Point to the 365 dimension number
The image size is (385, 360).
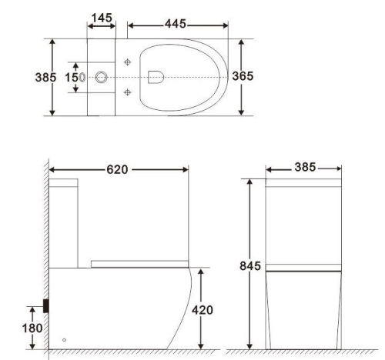244,78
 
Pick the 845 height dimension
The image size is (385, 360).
249,265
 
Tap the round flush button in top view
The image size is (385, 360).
102,78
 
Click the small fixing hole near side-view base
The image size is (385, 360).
64,339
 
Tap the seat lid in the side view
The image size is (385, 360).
139,263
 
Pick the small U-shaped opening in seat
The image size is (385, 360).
155,77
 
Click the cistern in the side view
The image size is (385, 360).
66,223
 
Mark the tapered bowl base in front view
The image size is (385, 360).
303,312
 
